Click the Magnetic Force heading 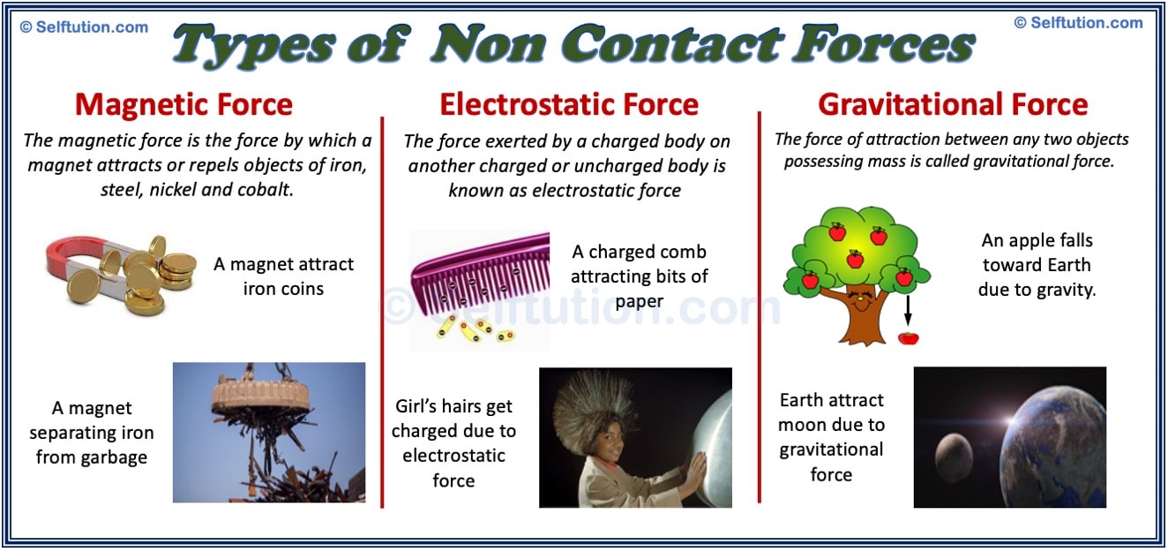(183, 105)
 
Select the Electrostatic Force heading (569, 105)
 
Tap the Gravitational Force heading (953, 105)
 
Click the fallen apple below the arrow (908, 337)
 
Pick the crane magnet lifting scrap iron (265, 397)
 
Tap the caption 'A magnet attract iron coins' (283, 276)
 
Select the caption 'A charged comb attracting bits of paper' (639, 276)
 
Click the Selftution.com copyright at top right (1078, 23)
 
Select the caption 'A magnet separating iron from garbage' (92, 433)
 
